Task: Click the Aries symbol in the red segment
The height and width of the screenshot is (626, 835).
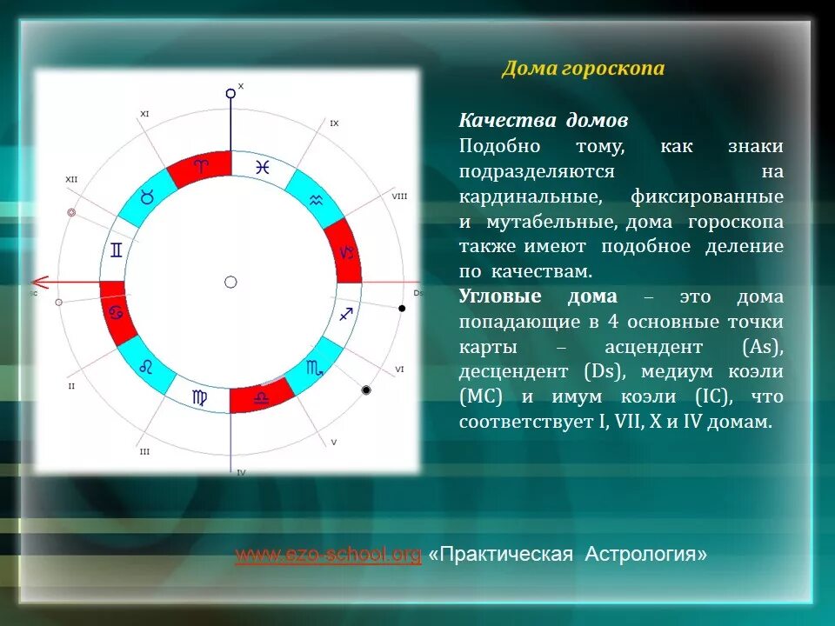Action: point(201,166)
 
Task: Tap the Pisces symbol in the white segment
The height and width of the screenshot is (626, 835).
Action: point(261,168)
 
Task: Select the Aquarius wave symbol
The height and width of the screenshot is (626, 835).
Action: point(314,199)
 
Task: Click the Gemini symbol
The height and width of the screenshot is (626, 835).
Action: point(116,251)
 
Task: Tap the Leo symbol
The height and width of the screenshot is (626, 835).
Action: point(147,367)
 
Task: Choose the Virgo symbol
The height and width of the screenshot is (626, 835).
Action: point(200,397)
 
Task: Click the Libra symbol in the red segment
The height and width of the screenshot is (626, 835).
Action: point(261,397)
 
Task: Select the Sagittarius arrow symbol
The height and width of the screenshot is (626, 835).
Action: point(345,313)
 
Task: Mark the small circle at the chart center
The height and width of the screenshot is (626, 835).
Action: point(230,282)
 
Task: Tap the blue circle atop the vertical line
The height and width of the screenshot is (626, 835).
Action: point(230,92)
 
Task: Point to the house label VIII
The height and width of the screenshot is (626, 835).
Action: point(399,196)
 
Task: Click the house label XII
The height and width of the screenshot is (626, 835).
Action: point(71,179)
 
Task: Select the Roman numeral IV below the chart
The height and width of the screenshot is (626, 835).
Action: point(241,471)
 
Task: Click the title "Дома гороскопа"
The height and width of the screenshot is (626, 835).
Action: point(582,69)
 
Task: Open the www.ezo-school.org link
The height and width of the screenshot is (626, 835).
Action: point(328,554)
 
